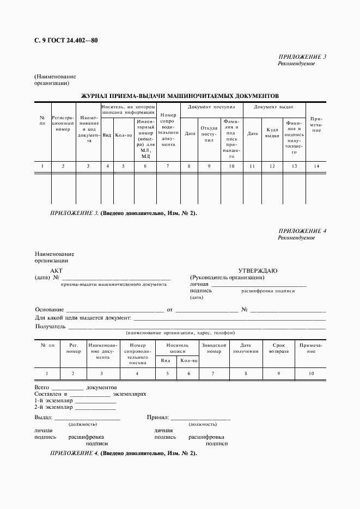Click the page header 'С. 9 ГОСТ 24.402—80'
(x=66, y=40)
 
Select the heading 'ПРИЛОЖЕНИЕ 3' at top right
(x=302, y=57)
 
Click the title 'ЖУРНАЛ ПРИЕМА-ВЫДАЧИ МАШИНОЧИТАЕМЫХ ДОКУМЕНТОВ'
(x=180, y=95)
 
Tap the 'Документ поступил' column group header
(x=211, y=107)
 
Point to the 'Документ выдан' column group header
(x=274, y=107)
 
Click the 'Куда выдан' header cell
(x=272, y=133)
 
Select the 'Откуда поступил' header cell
(x=209, y=133)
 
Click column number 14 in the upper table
(x=316, y=165)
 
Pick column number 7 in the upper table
(x=168, y=165)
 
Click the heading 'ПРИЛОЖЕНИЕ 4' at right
(x=302, y=231)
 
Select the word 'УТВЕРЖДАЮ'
(x=258, y=271)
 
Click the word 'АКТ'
(x=57, y=271)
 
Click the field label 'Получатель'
(x=50, y=327)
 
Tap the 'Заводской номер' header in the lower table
(x=213, y=348)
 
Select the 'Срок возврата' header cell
(x=278, y=348)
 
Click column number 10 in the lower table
(x=311, y=373)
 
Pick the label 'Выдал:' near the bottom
(x=43, y=418)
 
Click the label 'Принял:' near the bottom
(x=157, y=418)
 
